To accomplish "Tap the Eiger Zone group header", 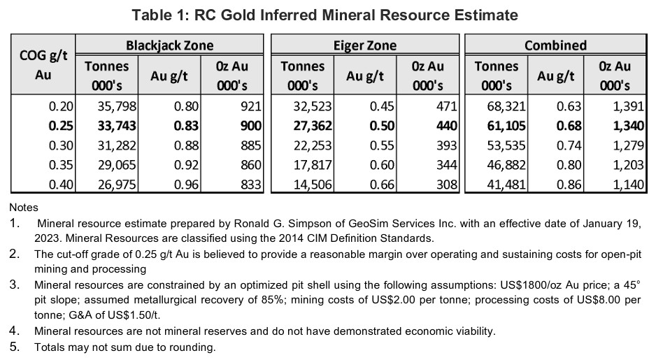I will [364, 46].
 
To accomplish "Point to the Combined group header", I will [555, 46].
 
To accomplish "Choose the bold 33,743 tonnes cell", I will [113, 127].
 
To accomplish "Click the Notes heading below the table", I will [24, 208].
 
